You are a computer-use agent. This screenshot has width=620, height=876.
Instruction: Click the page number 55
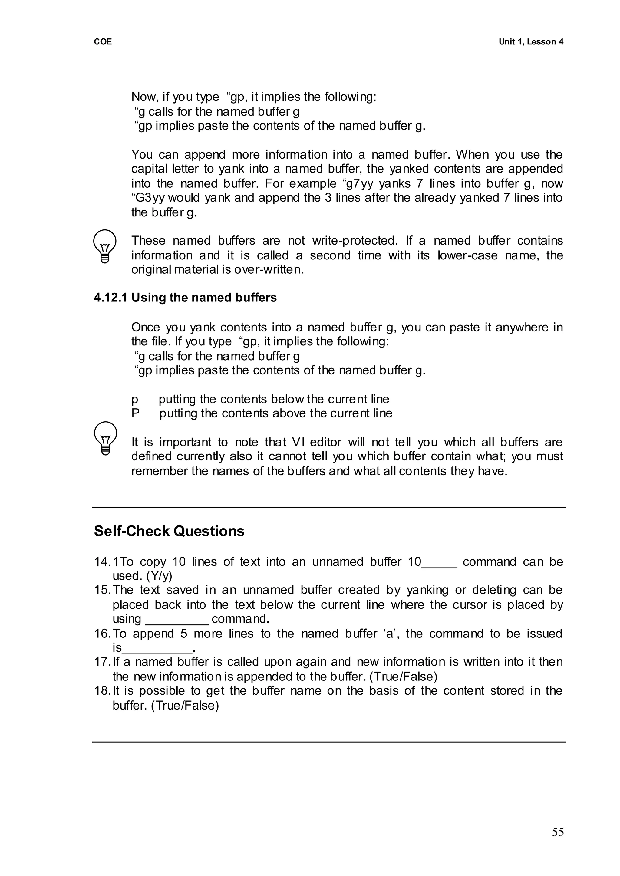point(557,832)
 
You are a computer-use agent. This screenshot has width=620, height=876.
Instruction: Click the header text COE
point(103,42)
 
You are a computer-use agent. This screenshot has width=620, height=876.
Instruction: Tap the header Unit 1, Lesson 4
point(531,42)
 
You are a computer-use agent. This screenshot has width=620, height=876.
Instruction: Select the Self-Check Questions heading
point(169,531)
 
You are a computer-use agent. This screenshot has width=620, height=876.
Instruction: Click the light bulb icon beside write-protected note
point(105,246)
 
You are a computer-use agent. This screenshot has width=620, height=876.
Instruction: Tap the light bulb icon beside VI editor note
point(105,438)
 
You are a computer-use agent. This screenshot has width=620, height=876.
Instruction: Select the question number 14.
point(101,562)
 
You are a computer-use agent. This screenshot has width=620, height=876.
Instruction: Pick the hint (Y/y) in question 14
point(159,576)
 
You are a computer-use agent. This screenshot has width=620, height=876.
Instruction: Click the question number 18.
point(101,691)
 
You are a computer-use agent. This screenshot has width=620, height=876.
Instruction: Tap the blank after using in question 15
point(176,619)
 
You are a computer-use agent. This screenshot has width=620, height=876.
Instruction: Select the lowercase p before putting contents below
point(134,400)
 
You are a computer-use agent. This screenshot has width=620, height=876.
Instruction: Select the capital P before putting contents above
point(135,413)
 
